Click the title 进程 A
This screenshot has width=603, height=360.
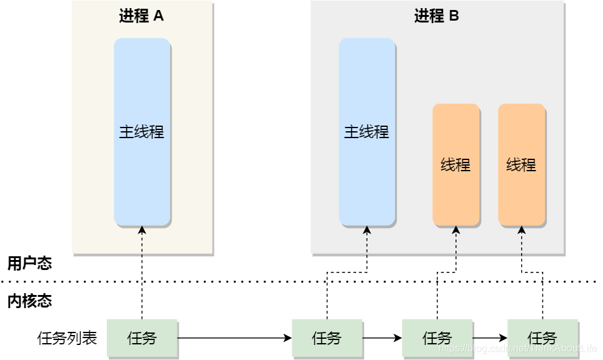pos(141,16)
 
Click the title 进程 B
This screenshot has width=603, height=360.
pos(436,16)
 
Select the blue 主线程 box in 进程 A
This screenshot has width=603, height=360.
pos(142,132)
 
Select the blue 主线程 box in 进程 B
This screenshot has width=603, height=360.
pos(367,132)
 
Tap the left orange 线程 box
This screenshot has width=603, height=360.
pos(456,164)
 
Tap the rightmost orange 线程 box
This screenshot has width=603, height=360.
pos(521,164)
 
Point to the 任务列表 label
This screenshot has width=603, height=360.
pos(67,339)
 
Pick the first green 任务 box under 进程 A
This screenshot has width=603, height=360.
pos(142,338)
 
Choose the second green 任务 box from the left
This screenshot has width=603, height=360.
pos(327,338)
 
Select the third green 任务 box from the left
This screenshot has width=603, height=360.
pos(437,338)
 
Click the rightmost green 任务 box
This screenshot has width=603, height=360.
pos(542,338)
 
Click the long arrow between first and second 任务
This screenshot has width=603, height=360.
pos(234,338)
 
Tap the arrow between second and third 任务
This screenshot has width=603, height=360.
pos(382,338)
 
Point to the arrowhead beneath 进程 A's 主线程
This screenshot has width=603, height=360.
pos(142,230)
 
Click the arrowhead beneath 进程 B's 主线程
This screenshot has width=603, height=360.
pos(367,230)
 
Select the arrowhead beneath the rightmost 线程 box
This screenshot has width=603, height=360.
pos(521,230)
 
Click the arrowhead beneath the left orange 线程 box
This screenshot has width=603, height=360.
pos(456,230)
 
